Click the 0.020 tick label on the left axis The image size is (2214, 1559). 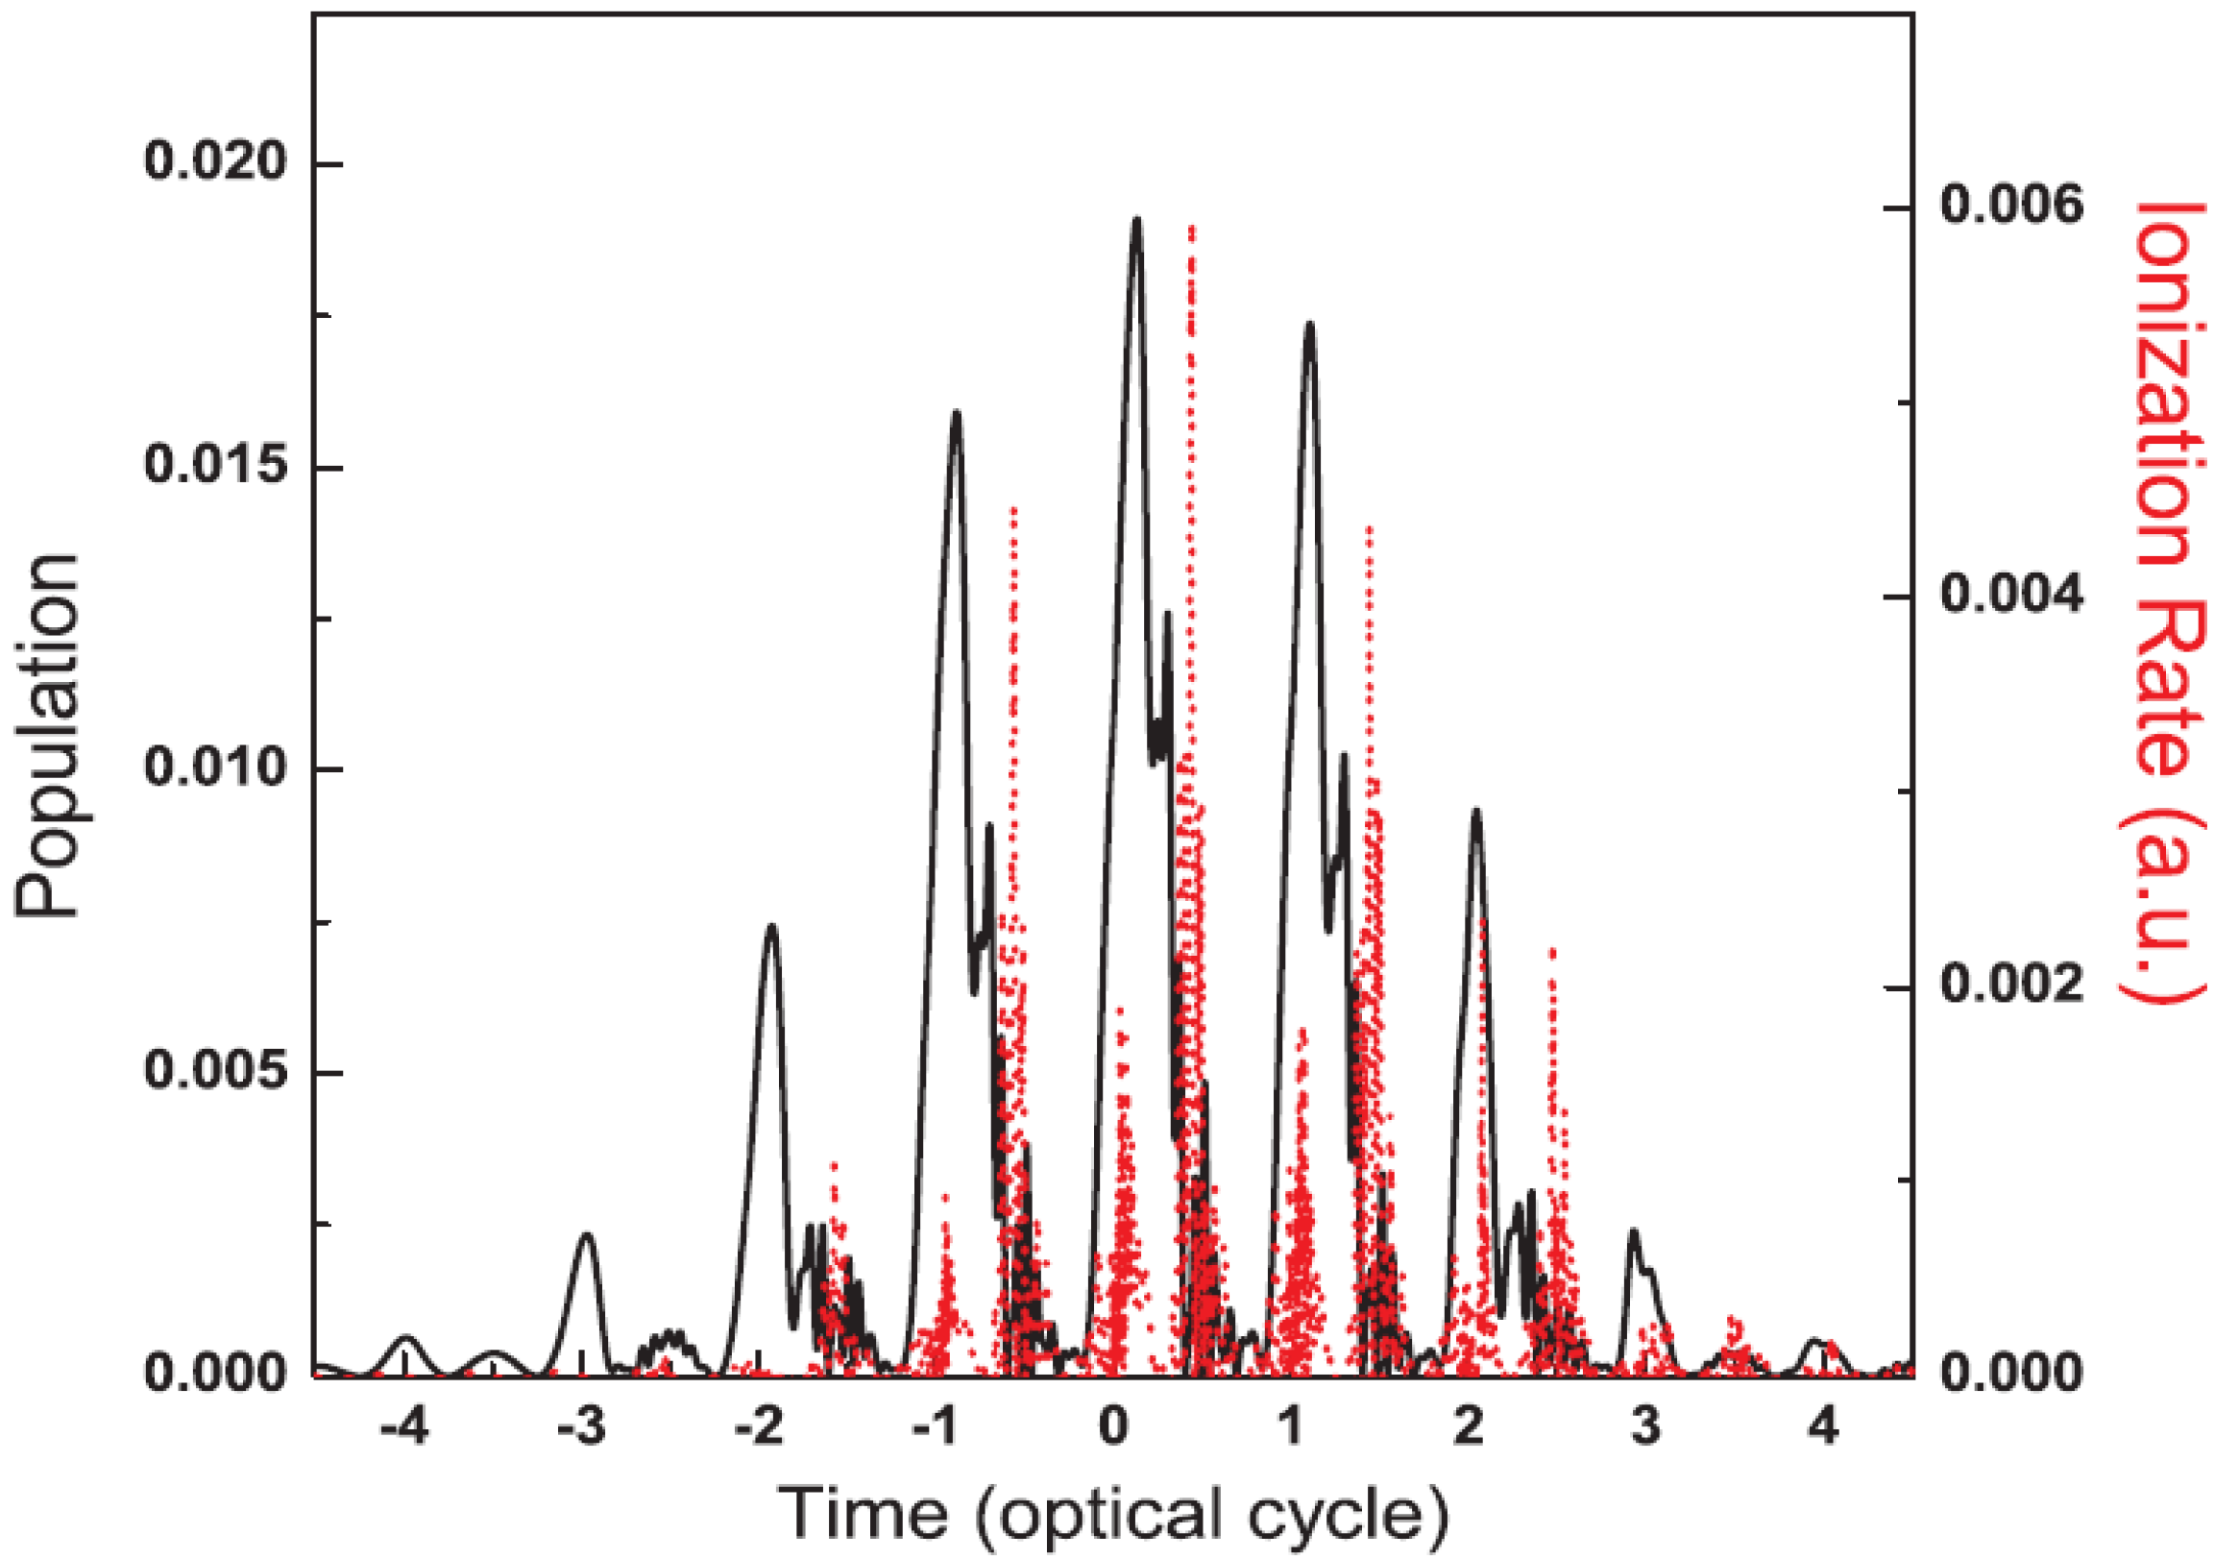(216, 161)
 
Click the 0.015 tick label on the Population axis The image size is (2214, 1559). (216, 466)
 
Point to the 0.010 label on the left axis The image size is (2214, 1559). (216, 768)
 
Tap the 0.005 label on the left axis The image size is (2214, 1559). (216, 1071)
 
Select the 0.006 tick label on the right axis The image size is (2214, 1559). (2011, 206)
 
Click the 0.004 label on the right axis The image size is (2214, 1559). (2011, 595)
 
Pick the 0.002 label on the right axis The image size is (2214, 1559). (2011, 985)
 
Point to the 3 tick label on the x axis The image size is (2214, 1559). (1646, 1425)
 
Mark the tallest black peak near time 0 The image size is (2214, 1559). (1137, 220)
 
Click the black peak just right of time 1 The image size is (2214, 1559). (1308, 325)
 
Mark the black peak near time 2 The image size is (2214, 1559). (1475, 812)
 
